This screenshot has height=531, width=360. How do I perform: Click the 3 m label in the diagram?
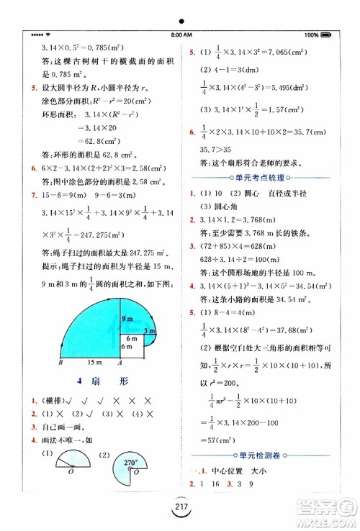pyautogui.click(x=150, y=330)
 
